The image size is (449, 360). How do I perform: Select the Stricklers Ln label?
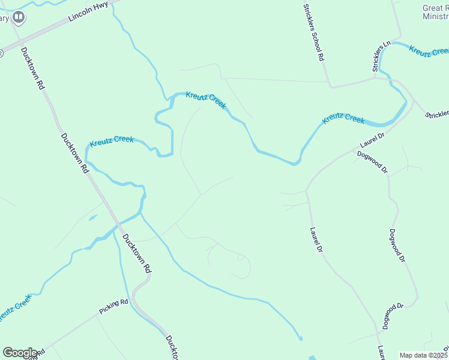(x=381, y=56)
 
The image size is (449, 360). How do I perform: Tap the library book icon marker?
(x=19, y=17)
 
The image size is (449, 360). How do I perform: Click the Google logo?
(x=19, y=353)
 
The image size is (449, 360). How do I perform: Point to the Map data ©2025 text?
(x=423, y=355)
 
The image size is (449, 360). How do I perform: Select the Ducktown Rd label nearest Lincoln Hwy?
(x=32, y=68)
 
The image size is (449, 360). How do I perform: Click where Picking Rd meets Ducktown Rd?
(x=133, y=300)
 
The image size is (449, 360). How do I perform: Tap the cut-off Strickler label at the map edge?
(x=437, y=114)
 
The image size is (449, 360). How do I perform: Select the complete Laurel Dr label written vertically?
(x=317, y=240)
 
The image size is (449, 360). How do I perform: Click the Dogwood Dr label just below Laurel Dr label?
(x=373, y=161)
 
